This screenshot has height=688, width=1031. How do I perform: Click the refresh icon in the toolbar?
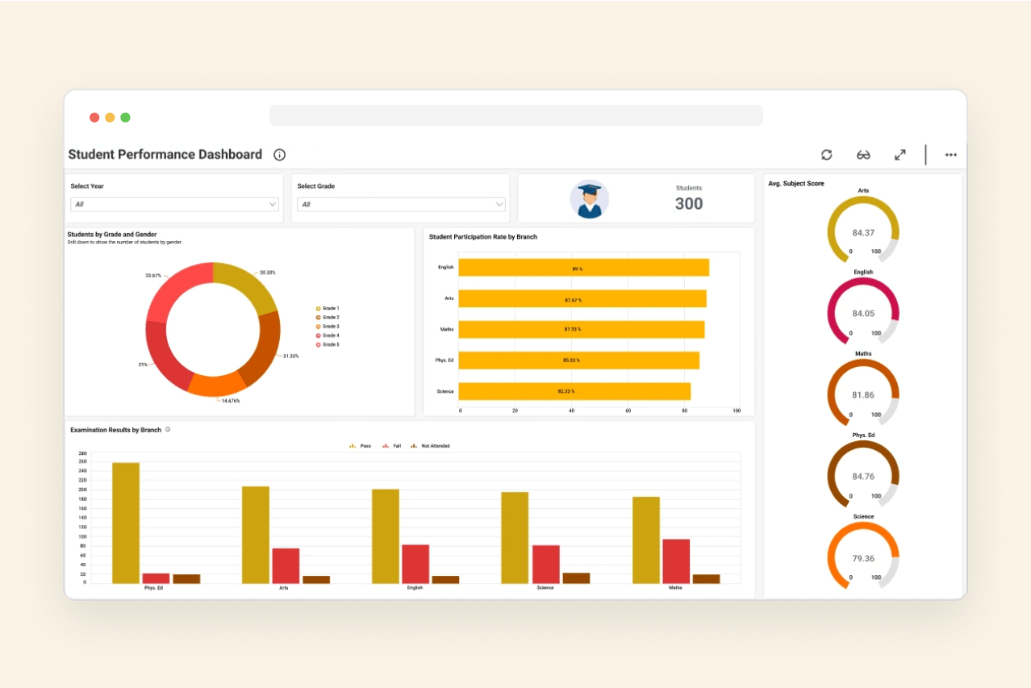[x=826, y=155]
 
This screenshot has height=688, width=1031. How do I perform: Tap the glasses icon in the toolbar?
[x=863, y=155]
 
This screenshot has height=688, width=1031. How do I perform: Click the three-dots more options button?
[x=950, y=155]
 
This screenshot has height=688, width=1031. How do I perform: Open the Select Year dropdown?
[x=174, y=205]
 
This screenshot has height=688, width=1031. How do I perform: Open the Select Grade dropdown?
[x=401, y=205]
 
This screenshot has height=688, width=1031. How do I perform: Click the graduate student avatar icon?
[x=590, y=199]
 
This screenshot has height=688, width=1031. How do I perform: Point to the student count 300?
[x=689, y=204]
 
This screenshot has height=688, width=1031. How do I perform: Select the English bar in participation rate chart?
[x=583, y=268]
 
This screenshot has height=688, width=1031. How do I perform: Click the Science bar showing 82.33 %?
[x=574, y=391]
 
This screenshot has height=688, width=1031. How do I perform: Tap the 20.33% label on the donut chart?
[x=267, y=273]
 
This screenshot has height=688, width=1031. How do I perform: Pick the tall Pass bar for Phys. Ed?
[x=126, y=523]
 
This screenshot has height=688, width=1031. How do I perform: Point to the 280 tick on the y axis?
[x=82, y=453]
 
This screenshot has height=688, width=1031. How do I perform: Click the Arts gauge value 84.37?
[x=863, y=233]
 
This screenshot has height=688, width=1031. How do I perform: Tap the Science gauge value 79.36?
[x=863, y=558]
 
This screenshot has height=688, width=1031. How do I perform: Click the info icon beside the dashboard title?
[x=279, y=155]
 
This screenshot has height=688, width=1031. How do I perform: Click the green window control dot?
[x=125, y=118]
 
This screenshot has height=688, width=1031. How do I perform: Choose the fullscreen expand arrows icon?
[x=900, y=155]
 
